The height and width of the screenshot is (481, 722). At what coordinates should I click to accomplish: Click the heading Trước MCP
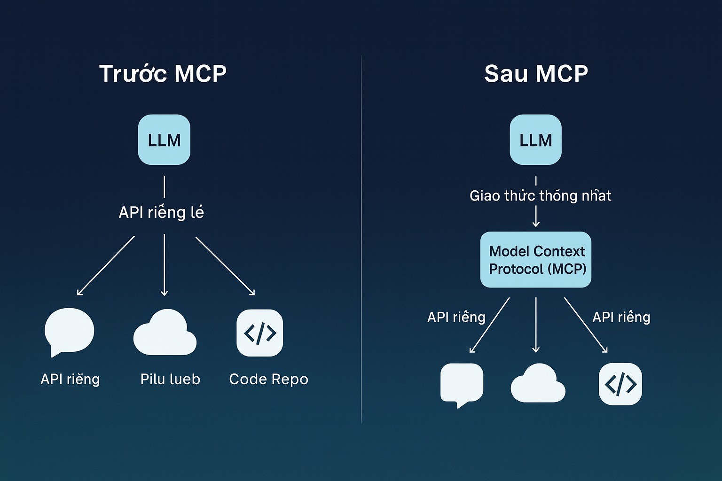163,74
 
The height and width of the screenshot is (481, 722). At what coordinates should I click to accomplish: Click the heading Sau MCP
536,74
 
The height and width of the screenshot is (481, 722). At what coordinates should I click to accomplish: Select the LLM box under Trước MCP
164,140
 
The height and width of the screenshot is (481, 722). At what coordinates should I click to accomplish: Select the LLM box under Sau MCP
535,140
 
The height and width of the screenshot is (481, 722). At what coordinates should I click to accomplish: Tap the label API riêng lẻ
161,212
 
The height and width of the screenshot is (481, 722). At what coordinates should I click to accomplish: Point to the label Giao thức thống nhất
540,195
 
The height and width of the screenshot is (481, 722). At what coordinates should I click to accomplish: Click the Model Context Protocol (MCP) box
536,260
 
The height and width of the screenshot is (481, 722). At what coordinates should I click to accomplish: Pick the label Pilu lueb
170,379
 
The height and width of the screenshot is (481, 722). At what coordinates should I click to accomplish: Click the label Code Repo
268,379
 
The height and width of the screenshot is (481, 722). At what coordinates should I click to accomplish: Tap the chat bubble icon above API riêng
69,331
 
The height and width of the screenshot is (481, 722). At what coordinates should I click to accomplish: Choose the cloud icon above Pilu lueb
165,333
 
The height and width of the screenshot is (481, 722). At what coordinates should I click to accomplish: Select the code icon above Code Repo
259,333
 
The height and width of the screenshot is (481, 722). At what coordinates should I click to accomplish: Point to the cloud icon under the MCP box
538,383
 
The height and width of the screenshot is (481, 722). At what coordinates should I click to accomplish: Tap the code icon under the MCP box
620,384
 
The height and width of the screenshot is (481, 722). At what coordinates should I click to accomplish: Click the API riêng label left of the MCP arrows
456,317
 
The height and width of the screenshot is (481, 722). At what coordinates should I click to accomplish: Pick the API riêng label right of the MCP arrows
621,317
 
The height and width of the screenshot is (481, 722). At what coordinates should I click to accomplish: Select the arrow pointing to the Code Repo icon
225,266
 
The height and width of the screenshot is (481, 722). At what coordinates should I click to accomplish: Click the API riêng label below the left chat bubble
70,379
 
